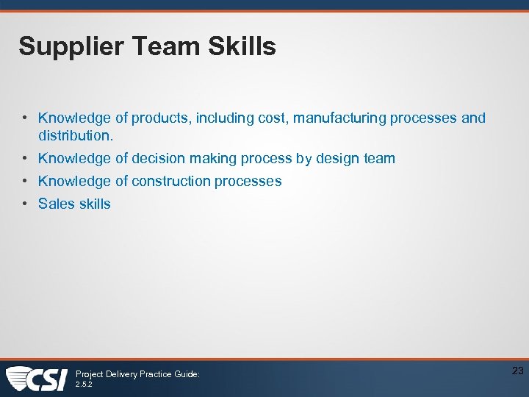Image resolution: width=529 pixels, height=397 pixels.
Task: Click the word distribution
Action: pyautogui.click(x=76, y=136)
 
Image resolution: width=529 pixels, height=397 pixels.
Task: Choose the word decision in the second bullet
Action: pyautogui.click(x=158, y=159)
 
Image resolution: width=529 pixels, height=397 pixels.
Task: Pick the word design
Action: pyautogui.click(x=337, y=159)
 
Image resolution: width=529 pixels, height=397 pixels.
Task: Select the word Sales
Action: pyautogui.click(x=55, y=204)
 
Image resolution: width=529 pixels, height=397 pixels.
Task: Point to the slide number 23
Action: pyautogui.click(x=517, y=371)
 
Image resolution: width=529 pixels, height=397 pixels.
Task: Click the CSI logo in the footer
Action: pyautogui.click(x=37, y=379)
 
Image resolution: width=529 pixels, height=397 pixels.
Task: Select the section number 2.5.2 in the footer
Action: pyautogui.click(x=84, y=384)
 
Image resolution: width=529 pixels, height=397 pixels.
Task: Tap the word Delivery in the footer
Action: pyautogui.click(x=121, y=374)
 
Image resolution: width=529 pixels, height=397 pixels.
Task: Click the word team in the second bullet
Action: pyautogui.click(x=378, y=159)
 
